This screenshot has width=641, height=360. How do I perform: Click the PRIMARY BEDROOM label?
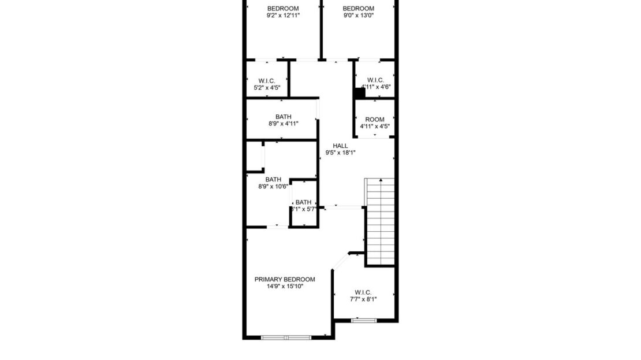pos(285,279)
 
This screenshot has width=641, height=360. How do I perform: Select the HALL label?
pos(340,146)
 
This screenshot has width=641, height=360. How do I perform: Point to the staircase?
pos(379,221)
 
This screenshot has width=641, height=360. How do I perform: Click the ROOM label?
pos(374,120)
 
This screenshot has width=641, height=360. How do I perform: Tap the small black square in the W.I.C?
pos(359,91)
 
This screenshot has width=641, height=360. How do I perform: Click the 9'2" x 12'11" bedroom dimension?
pos(283,16)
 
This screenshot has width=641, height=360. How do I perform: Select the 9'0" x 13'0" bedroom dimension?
pos(358,16)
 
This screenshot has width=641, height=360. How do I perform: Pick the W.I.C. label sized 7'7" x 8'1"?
pos(363,292)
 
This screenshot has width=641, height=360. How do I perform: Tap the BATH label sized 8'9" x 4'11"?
pos(283,116)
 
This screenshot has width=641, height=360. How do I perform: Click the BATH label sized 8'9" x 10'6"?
pos(273,179)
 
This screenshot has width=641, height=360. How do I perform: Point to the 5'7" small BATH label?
pos(303,202)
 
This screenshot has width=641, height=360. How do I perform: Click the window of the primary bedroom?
pos(286,337)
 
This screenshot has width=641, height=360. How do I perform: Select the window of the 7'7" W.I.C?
pos(363,320)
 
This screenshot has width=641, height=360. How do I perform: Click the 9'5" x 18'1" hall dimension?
pos(340,153)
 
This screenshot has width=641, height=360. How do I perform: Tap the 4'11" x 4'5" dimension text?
pos(374,127)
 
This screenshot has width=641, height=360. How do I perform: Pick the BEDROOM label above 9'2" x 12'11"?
pos(283,8)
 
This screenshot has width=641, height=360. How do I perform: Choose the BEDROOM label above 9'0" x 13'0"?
pos(358,8)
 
